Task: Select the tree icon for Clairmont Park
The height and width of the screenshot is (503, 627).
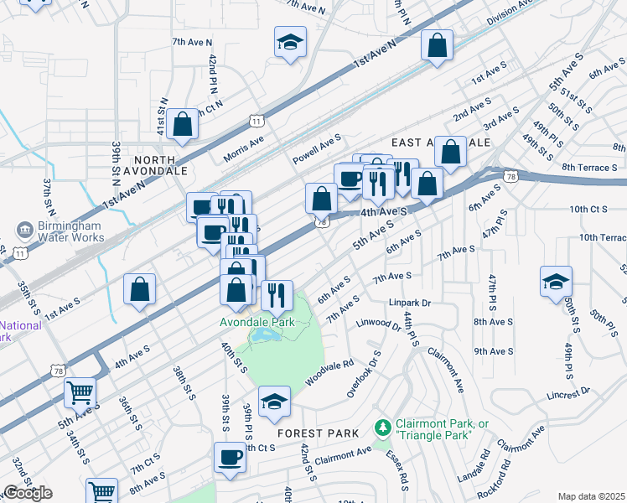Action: click(x=383, y=428)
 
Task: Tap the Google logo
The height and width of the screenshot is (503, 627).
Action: click(x=28, y=493)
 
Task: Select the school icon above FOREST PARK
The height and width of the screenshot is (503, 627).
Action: click(x=274, y=401)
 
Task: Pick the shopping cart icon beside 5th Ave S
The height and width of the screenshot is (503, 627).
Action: click(x=80, y=392)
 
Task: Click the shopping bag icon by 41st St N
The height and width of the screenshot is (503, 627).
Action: click(x=182, y=125)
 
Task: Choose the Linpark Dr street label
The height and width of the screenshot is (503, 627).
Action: click(x=409, y=303)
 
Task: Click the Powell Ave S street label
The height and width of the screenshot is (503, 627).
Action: click(x=317, y=148)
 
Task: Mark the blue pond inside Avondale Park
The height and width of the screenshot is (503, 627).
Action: click(x=266, y=337)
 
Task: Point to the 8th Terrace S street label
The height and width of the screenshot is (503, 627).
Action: click(x=589, y=168)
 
